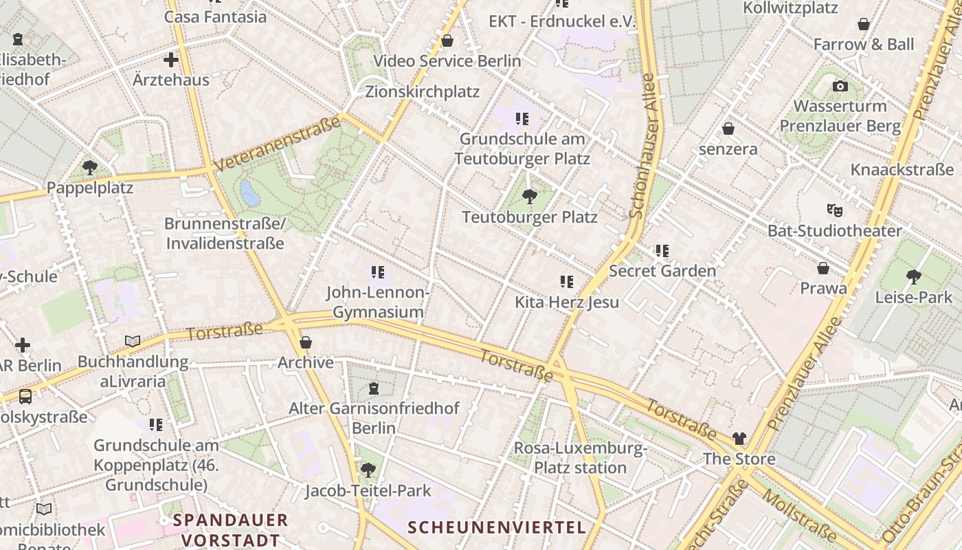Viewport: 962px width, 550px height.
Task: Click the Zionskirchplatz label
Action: pos(422,91)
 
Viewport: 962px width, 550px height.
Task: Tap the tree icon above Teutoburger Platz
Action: pos(529,197)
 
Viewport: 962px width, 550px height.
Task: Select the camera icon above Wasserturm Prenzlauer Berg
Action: pos(840,87)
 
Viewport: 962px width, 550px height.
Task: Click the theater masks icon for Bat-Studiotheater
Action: pos(834,210)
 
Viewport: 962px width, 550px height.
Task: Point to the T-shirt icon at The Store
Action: pos(739,438)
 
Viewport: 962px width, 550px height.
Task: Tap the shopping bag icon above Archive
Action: pos(306,342)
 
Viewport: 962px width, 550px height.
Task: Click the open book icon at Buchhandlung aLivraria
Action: pos(133,341)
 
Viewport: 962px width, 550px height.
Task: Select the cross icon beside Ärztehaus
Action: pos(171,60)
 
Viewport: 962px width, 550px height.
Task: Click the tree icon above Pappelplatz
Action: pos(89,167)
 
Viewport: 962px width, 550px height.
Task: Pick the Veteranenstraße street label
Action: pos(277,144)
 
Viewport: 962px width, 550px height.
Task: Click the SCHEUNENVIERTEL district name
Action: pos(497,527)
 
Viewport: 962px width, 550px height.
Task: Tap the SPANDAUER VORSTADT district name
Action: pos(230,529)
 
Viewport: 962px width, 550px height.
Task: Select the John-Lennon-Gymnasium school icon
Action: pos(377,272)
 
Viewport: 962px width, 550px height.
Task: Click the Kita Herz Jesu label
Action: pos(567,302)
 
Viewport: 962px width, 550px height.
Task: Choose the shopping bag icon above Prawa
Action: pos(823,268)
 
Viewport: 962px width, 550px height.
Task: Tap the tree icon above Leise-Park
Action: pos(913,277)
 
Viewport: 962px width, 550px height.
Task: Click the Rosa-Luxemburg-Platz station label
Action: pos(580,459)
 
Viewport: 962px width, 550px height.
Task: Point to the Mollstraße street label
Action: pos(800,516)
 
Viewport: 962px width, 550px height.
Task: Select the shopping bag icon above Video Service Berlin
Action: pos(447,41)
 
